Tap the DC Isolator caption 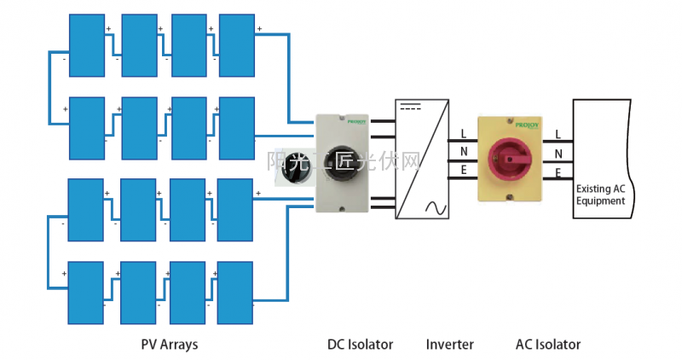click(x=360, y=345)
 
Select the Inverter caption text click(x=449, y=345)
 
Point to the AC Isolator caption click(x=547, y=345)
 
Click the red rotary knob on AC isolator click(x=510, y=160)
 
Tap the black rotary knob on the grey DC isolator click(x=344, y=162)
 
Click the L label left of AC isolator click(x=463, y=134)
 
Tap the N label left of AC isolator click(x=463, y=154)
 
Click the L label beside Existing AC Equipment click(x=558, y=134)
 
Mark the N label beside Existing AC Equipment click(x=558, y=154)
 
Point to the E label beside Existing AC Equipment click(x=558, y=173)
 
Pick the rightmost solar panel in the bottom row click(x=236, y=292)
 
